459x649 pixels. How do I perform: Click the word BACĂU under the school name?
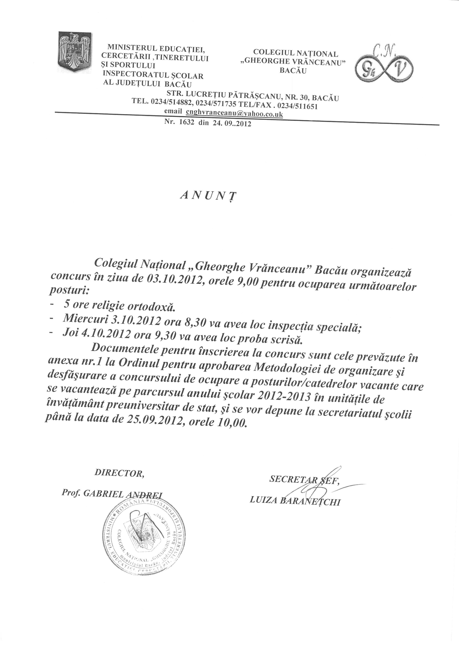(x=293, y=71)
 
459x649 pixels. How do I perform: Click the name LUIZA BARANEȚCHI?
(x=295, y=502)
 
